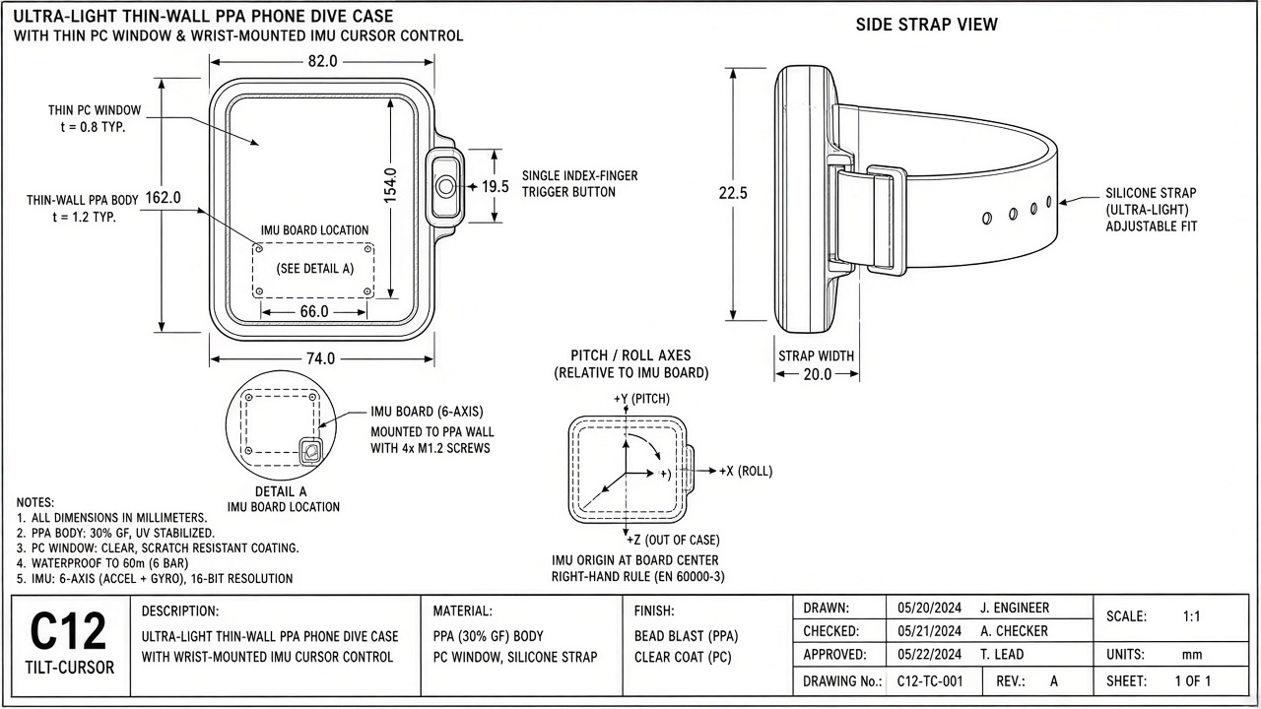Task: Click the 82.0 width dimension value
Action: click(322, 61)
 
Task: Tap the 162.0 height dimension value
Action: click(164, 198)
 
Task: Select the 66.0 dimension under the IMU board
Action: click(314, 312)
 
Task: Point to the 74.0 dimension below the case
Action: click(321, 358)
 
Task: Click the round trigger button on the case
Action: click(446, 186)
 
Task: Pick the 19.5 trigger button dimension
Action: click(496, 187)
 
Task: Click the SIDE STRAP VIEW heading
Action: click(927, 25)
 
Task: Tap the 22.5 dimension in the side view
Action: click(733, 194)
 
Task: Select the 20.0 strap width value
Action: click(818, 374)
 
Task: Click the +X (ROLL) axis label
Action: click(746, 471)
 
